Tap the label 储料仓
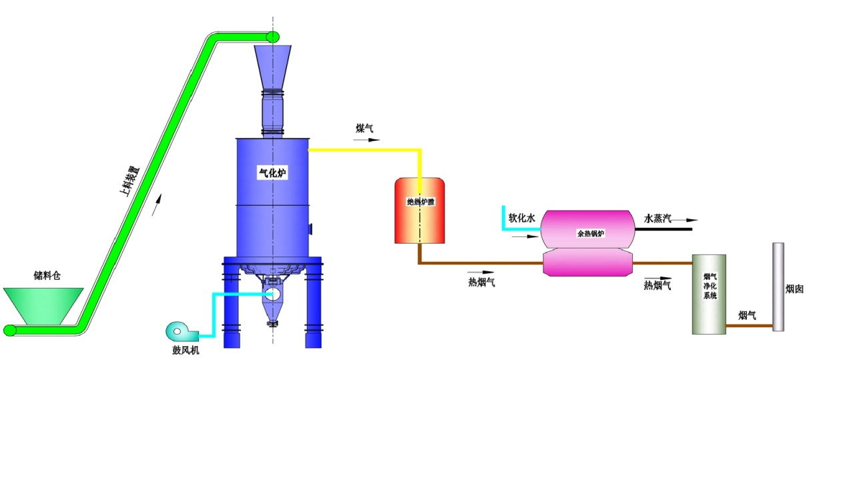[x=47, y=276]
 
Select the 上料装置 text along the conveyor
[x=129, y=181]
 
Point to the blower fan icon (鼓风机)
[x=180, y=331]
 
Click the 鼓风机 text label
[x=186, y=350]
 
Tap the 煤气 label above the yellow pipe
[x=364, y=128]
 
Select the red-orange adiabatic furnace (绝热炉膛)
[x=419, y=210]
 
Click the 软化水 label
[x=522, y=218]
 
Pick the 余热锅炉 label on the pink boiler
[x=591, y=233]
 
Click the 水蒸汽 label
[x=657, y=218]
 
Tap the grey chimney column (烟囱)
[x=778, y=287]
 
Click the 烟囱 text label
[x=794, y=289]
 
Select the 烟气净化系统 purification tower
[x=709, y=294]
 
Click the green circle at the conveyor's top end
[x=273, y=37]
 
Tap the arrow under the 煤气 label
[x=367, y=140]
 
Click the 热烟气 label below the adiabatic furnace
[x=481, y=283]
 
